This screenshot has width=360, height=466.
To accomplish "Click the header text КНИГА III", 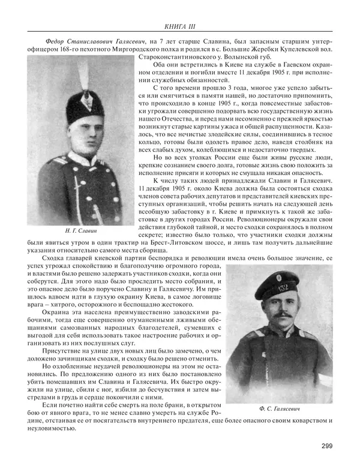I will tap(180, 26).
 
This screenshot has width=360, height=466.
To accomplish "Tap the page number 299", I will tap(327, 445).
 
